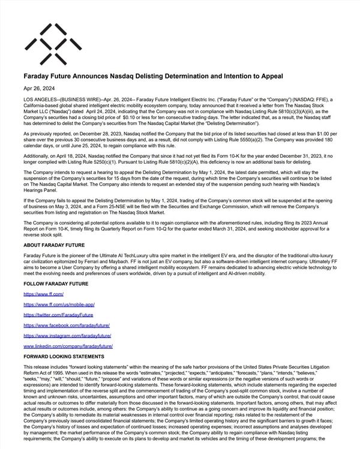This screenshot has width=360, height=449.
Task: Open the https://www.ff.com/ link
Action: (43, 295)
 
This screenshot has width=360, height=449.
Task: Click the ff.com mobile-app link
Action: (59, 305)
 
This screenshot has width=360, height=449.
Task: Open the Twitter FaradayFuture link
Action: (58, 315)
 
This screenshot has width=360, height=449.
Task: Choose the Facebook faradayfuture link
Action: (67, 325)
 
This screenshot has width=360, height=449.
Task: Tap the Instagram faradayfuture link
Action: (67, 335)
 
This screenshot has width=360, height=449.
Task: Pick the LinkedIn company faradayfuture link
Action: (68, 346)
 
